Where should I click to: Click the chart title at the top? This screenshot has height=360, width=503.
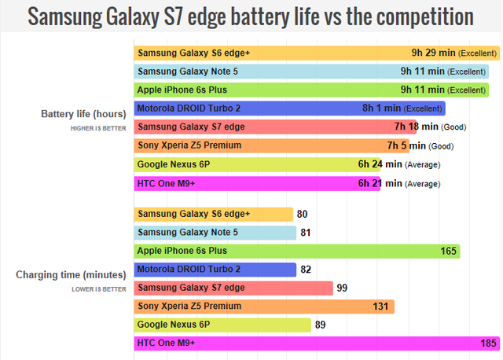[251, 17]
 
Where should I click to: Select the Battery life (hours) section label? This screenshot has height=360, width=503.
[83, 115]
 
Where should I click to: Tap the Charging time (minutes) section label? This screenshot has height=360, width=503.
[71, 275]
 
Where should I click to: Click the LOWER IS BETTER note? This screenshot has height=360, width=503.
[99, 288]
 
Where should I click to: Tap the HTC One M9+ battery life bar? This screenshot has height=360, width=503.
[256, 183]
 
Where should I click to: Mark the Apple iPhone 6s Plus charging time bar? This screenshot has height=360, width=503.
[296, 251]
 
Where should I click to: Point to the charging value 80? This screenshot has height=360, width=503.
[302, 214]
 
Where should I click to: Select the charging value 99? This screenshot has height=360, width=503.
[342, 288]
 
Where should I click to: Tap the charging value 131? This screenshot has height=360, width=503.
[381, 307]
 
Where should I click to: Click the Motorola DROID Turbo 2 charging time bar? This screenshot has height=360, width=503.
[215, 270]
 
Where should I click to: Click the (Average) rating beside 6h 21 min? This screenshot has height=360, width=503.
[423, 184]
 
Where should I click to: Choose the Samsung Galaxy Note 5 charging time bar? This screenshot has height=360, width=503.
[215, 233]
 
